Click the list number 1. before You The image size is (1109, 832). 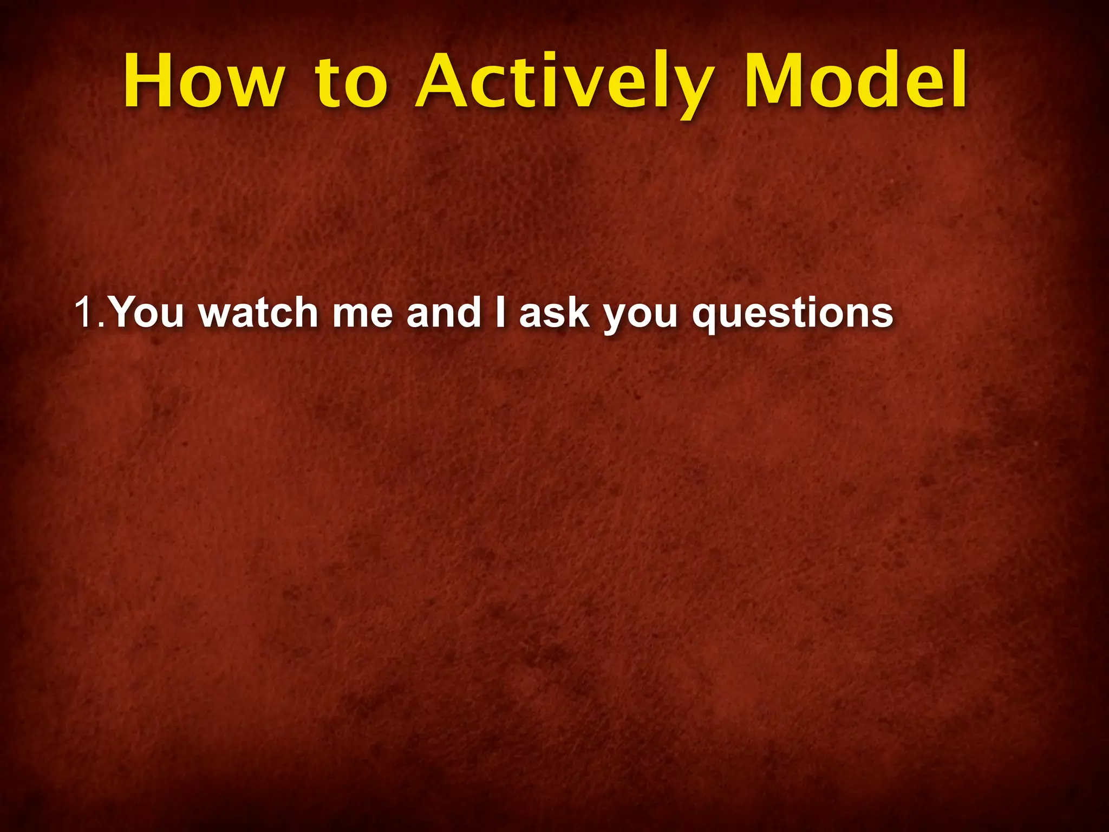[x=89, y=313]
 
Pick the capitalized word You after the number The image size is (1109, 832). [x=147, y=313]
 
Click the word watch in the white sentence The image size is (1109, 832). [x=258, y=313]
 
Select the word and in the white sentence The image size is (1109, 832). [x=443, y=313]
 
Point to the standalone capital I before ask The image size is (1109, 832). [x=500, y=313]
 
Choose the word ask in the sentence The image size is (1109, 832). [x=554, y=313]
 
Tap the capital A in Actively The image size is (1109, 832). [x=443, y=81]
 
